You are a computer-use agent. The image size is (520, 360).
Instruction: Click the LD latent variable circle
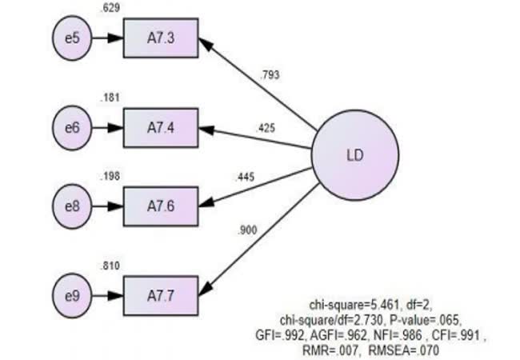tap(354, 154)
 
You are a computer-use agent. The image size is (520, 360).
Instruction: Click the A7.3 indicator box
tap(161, 38)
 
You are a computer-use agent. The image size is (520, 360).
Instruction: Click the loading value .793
tap(271, 77)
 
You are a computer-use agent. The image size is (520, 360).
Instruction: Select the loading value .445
tap(245, 177)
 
